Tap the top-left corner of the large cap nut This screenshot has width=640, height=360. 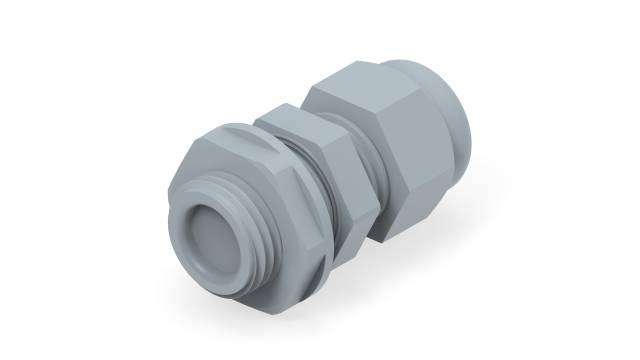[x=304, y=88]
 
